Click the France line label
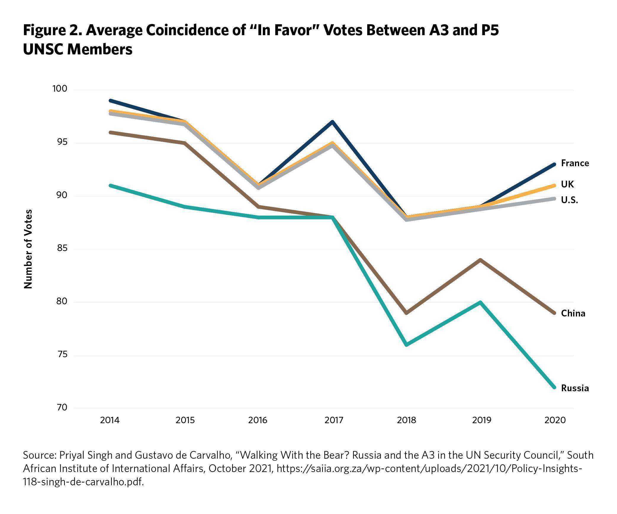(x=575, y=163)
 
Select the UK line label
(x=567, y=184)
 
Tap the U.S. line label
(x=569, y=200)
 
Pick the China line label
(x=573, y=313)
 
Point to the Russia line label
(x=575, y=388)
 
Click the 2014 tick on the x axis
(x=110, y=420)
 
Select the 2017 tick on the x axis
(x=334, y=420)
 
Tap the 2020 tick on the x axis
(x=555, y=420)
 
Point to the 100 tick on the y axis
(x=60, y=89)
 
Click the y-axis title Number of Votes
(x=28, y=249)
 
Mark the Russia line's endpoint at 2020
(x=555, y=387)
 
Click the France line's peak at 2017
(x=333, y=122)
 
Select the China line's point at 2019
(x=481, y=260)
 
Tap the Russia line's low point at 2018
(x=407, y=345)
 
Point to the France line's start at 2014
(x=110, y=101)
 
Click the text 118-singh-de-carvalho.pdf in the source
(x=83, y=482)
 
